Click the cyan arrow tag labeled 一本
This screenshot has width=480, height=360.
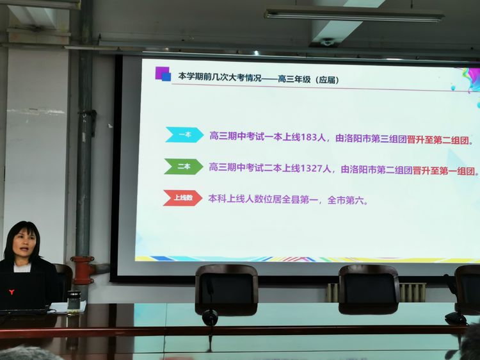coord(184,135)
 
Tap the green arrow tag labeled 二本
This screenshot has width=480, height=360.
coord(184,167)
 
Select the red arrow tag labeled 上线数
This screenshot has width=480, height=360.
coord(182,198)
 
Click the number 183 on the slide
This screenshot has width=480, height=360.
coord(309,137)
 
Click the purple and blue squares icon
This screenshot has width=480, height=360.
coord(163,74)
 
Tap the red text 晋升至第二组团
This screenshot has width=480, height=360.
coord(438,140)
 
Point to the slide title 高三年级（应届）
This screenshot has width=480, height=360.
coord(308,79)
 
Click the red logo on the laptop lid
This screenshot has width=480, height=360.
coord(12,292)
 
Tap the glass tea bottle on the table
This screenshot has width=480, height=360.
coord(74,303)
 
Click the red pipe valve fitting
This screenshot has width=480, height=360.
coord(83,270)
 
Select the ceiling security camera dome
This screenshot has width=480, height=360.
coord(326,42)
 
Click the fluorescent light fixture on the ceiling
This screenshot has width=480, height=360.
coord(354,15)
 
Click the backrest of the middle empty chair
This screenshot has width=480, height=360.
coord(369,286)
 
